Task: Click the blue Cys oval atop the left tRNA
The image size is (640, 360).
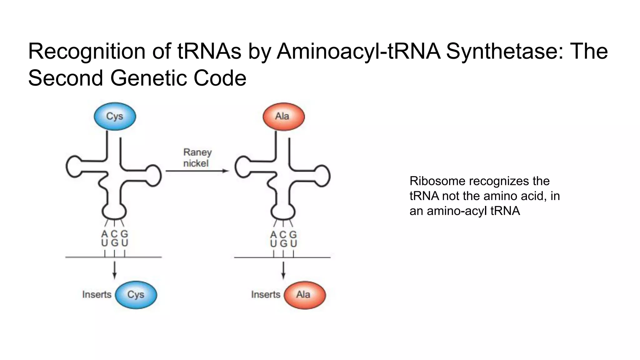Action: [115, 116]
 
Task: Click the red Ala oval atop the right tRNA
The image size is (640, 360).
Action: [283, 116]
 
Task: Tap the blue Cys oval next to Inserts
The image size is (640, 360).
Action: [136, 295]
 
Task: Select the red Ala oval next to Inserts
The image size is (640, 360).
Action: [304, 295]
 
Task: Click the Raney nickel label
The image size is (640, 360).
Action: [197, 158]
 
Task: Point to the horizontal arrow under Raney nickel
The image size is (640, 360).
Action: [197, 171]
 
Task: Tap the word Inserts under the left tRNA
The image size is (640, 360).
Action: [97, 295]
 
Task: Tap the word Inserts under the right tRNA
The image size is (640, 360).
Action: [265, 295]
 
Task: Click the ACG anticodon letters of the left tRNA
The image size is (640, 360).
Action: [114, 234]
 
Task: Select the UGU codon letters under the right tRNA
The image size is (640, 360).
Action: [283, 243]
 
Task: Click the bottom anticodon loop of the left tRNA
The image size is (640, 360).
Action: [114, 212]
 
